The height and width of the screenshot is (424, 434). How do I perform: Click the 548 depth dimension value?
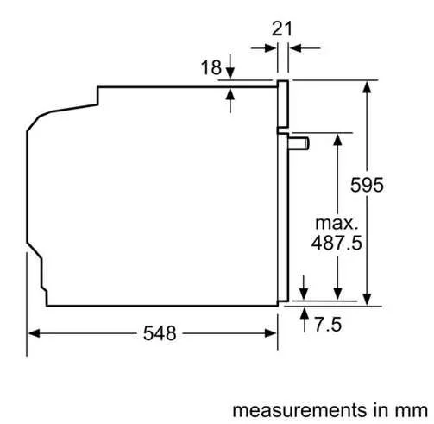(x=160, y=333)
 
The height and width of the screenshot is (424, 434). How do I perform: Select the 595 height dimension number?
(x=367, y=185)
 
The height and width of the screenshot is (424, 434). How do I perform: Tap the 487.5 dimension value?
(x=337, y=243)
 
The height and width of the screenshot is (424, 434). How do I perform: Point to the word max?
(x=337, y=224)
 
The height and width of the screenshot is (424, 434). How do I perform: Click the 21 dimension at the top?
(x=282, y=28)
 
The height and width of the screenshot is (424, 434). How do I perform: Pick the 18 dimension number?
(x=211, y=67)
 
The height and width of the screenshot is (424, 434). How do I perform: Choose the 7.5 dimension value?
(x=328, y=324)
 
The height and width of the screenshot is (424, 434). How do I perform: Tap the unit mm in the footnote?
(x=412, y=410)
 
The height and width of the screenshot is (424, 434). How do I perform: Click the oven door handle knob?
(x=299, y=143)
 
